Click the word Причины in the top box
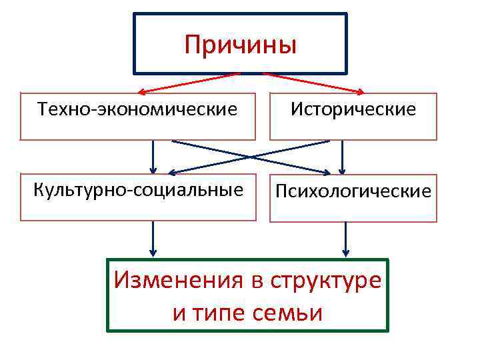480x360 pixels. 240,45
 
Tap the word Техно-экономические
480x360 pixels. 137,108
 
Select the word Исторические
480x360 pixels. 353,109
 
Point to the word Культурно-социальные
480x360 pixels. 138,189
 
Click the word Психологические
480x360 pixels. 353,192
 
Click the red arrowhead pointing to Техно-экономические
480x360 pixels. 142,92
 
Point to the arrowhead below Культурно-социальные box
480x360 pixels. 153,252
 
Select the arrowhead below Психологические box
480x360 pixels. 345,252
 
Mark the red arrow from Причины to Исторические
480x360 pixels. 313,82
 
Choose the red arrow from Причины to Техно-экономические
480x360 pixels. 190,82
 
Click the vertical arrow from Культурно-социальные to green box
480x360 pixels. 153,237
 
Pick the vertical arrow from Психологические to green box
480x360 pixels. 345,237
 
